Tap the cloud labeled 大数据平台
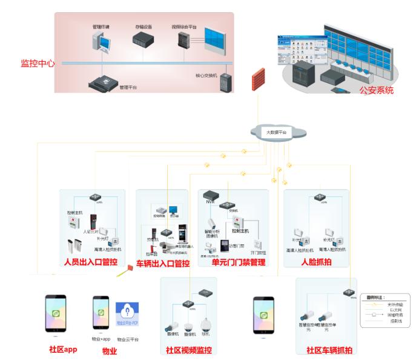tap(276, 133)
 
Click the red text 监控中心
tap(38, 63)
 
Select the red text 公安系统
tap(376, 91)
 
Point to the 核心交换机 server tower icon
tap(225, 81)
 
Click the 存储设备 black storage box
tap(145, 40)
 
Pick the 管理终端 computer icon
tap(100, 41)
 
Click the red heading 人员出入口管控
tap(90, 262)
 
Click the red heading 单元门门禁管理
tap(237, 262)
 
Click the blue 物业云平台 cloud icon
tap(128, 315)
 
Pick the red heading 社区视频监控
tap(189, 350)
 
